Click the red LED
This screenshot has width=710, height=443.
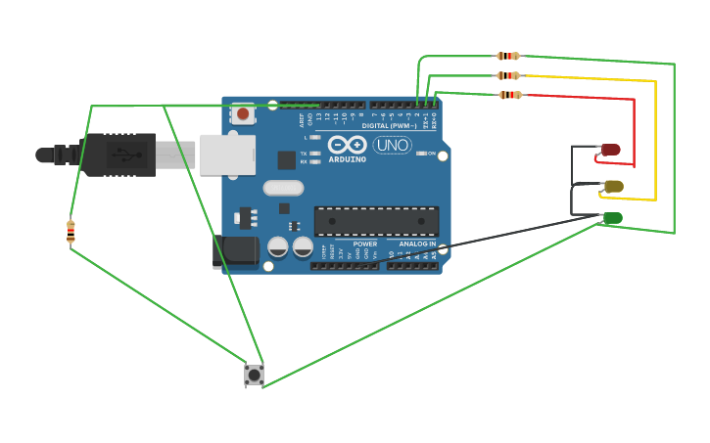[x=610, y=150]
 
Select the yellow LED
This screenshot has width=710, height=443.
[x=613, y=186]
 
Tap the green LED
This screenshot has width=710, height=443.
[x=612, y=218]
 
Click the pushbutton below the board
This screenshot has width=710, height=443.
[x=254, y=375]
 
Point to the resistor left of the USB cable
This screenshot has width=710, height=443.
[x=71, y=232]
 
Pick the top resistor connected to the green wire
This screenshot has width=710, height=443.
[x=507, y=56]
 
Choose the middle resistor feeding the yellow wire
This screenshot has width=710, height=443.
[x=507, y=75]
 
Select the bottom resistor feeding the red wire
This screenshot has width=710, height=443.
[x=509, y=95]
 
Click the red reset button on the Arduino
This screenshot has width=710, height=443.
[x=243, y=113]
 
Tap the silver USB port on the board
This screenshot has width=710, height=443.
[x=227, y=155]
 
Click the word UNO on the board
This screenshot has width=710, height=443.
[x=392, y=145]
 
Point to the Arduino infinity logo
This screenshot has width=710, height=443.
[x=347, y=145]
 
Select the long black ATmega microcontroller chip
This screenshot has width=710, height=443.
[x=376, y=221]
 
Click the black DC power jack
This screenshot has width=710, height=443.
[x=235, y=251]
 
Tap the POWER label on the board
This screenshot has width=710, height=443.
[x=364, y=244]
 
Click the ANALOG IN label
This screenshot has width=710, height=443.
[x=417, y=244]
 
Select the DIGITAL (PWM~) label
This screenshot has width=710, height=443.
[x=389, y=125]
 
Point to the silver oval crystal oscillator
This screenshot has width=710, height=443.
[x=283, y=188]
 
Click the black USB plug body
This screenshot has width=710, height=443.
[x=118, y=155]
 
